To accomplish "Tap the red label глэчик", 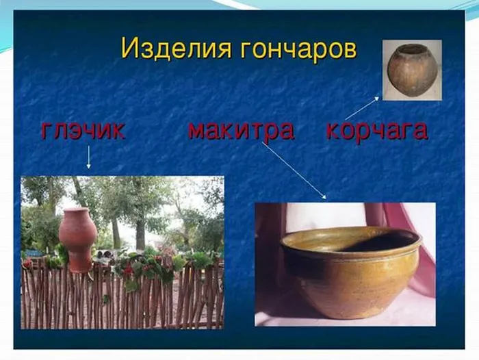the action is (x=83, y=131).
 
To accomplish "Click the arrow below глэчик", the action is (x=88, y=157).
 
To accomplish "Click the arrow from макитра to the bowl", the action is (x=294, y=170).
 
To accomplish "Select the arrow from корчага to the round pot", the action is (x=362, y=108).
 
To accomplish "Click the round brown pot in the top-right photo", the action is (x=408, y=70).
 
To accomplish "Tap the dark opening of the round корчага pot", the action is (x=409, y=49).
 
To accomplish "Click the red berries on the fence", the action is (x=129, y=269).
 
